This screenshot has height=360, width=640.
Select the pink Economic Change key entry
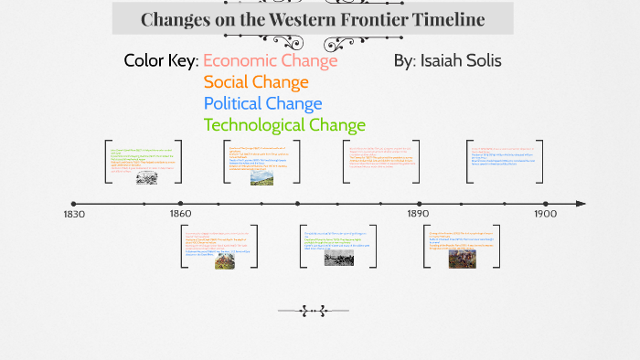click(270, 61)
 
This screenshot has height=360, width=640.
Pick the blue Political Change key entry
click(262, 103)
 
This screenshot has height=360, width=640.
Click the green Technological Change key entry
click(284, 124)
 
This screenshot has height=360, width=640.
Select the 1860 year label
click(180, 215)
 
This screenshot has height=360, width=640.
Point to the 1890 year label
click(418, 215)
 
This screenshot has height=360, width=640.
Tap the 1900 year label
click(546, 215)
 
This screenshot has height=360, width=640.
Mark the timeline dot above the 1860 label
click(181, 204)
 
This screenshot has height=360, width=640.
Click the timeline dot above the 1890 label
click(419, 204)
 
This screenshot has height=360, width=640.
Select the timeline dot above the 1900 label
click(546, 204)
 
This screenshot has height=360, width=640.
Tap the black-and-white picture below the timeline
click(338, 258)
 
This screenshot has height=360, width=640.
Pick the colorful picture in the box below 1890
click(462, 259)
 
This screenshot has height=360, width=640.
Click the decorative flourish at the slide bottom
click(314, 312)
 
